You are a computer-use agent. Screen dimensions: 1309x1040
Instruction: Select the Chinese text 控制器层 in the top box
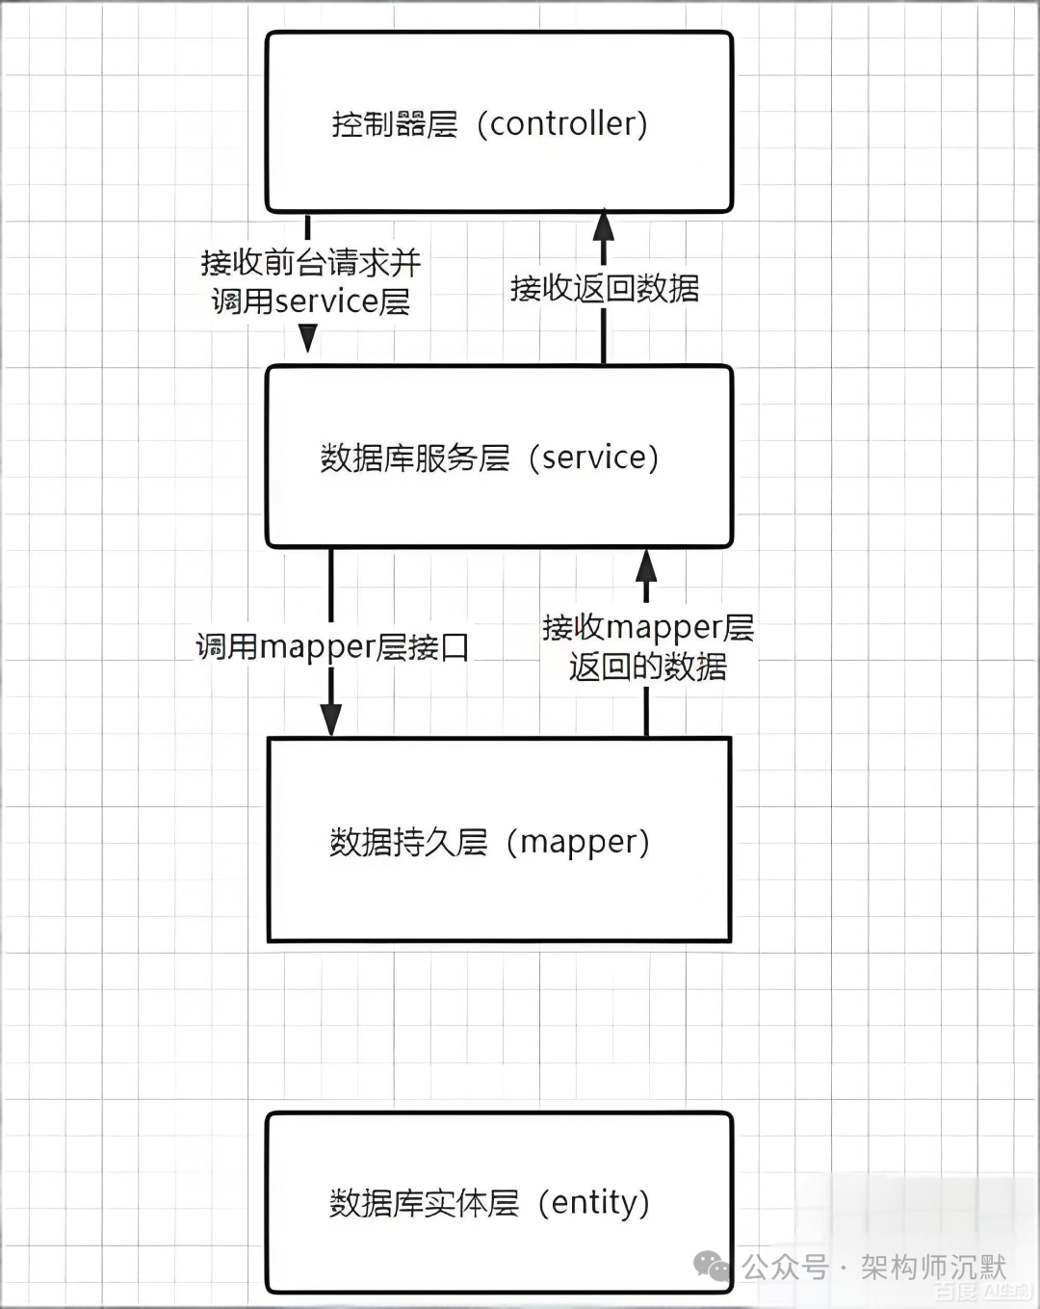[x=395, y=124]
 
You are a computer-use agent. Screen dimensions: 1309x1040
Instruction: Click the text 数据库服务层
[x=415, y=458]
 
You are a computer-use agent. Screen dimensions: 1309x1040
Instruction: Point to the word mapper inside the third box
[x=579, y=842]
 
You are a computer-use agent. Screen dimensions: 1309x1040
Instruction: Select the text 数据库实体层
[x=424, y=1203]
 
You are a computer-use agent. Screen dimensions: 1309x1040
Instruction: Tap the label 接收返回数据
[x=605, y=288]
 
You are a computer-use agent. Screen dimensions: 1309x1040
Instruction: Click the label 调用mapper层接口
[x=332, y=646]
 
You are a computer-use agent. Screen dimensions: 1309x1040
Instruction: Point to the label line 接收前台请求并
[x=310, y=262]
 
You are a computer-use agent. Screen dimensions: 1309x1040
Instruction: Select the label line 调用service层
[x=310, y=301]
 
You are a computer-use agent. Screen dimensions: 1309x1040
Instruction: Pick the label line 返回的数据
[x=647, y=667]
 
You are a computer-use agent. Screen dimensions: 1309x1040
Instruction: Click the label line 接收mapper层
[x=647, y=627]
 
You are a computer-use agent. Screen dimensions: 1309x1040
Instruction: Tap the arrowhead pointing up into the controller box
[x=604, y=224]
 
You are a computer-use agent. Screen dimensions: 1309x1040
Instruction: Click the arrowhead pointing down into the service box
[x=308, y=338]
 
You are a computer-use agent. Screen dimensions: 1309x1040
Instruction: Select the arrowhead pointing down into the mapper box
[x=331, y=720]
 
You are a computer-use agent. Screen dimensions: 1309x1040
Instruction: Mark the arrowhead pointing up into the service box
[x=647, y=563]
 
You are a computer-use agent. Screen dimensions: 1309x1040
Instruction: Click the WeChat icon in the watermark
[x=713, y=1267]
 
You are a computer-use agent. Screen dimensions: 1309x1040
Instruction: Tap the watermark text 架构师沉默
[x=932, y=1267]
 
